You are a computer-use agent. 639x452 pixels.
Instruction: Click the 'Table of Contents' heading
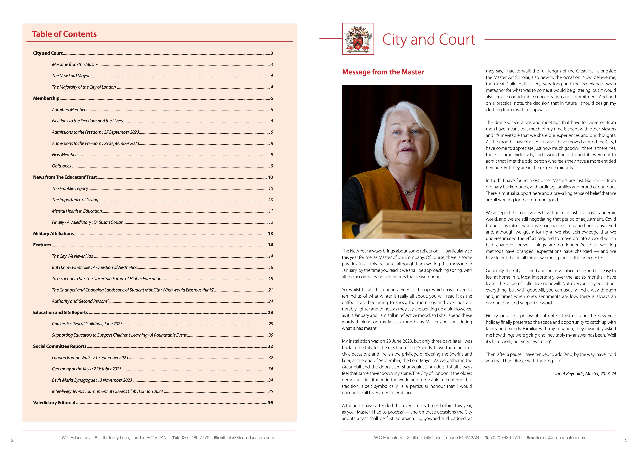click(x=64, y=34)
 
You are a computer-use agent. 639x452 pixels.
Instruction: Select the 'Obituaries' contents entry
click(x=62, y=166)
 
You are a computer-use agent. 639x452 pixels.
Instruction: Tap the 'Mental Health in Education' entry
click(x=77, y=211)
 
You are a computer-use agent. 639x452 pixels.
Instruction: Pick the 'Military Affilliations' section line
click(x=53, y=234)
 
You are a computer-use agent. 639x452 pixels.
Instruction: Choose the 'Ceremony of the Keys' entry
click(x=87, y=369)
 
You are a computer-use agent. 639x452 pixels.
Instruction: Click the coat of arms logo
click(x=358, y=39)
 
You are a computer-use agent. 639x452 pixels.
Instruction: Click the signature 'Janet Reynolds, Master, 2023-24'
click(x=585, y=373)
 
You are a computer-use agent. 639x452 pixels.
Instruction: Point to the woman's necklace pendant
click(x=407, y=192)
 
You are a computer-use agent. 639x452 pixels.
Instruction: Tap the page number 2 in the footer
click(x=12, y=440)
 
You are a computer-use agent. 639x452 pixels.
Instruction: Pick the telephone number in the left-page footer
click(x=195, y=438)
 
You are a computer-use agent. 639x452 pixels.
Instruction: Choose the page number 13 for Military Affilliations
click(x=270, y=234)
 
